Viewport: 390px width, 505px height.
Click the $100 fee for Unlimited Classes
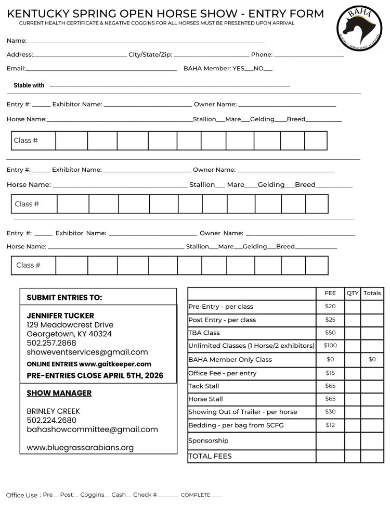pos(330,346)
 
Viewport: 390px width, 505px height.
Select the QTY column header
pos(352,293)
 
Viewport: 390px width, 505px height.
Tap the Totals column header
pos(372,293)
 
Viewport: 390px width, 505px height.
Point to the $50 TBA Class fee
pos(330,333)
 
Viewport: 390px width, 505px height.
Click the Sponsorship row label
pos(208,440)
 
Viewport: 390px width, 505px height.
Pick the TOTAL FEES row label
pos(210,456)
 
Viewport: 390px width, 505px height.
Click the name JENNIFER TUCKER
pos(60,315)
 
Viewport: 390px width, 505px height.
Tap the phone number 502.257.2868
pos(51,343)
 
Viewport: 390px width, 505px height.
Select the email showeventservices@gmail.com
pos(87,352)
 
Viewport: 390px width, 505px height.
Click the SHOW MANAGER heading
pos(59,393)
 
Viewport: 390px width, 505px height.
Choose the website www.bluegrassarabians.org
pos(80,447)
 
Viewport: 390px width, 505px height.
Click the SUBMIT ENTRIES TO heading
pos(64,298)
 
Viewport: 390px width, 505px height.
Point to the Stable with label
pos(29,85)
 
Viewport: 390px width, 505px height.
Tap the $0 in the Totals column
pos(372,359)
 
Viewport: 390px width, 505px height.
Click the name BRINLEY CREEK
pos(53,411)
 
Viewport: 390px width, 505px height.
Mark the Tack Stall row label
pos(204,386)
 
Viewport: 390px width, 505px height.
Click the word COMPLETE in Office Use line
pos(196,495)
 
